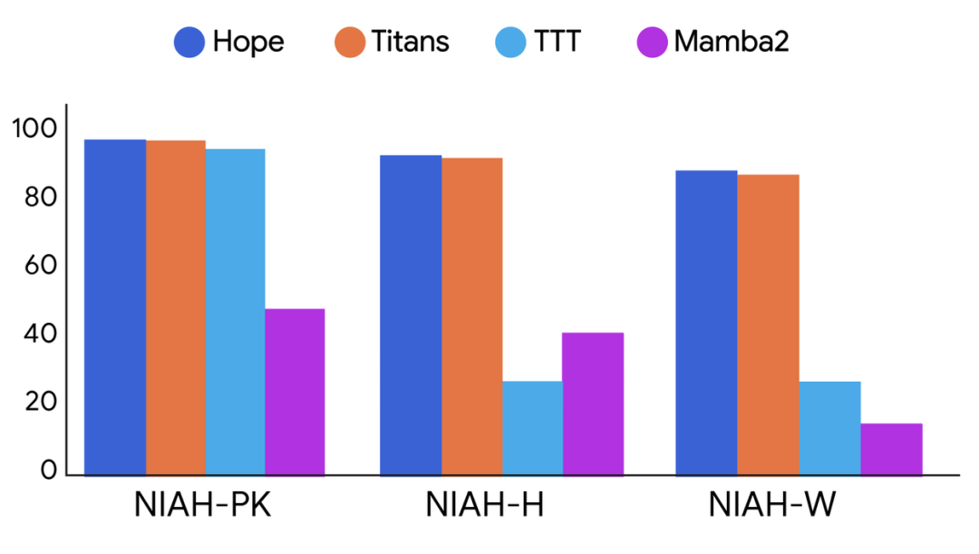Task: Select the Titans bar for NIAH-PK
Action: click(x=175, y=307)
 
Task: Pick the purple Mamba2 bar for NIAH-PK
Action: click(x=295, y=391)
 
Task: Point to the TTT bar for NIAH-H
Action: click(x=531, y=427)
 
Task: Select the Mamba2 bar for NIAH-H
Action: click(x=592, y=403)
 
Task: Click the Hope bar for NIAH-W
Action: click(x=706, y=322)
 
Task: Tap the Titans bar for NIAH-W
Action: click(x=768, y=324)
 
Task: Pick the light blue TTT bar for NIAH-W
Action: click(x=829, y=427)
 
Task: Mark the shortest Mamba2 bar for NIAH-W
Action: click(x=891, y=448)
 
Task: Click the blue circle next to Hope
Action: click(x=189, y=42)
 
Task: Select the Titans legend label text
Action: click(x=410, y=42)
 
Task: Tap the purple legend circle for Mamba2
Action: click(x=652, y=42)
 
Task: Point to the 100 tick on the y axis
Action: click(x=34, y=129)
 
